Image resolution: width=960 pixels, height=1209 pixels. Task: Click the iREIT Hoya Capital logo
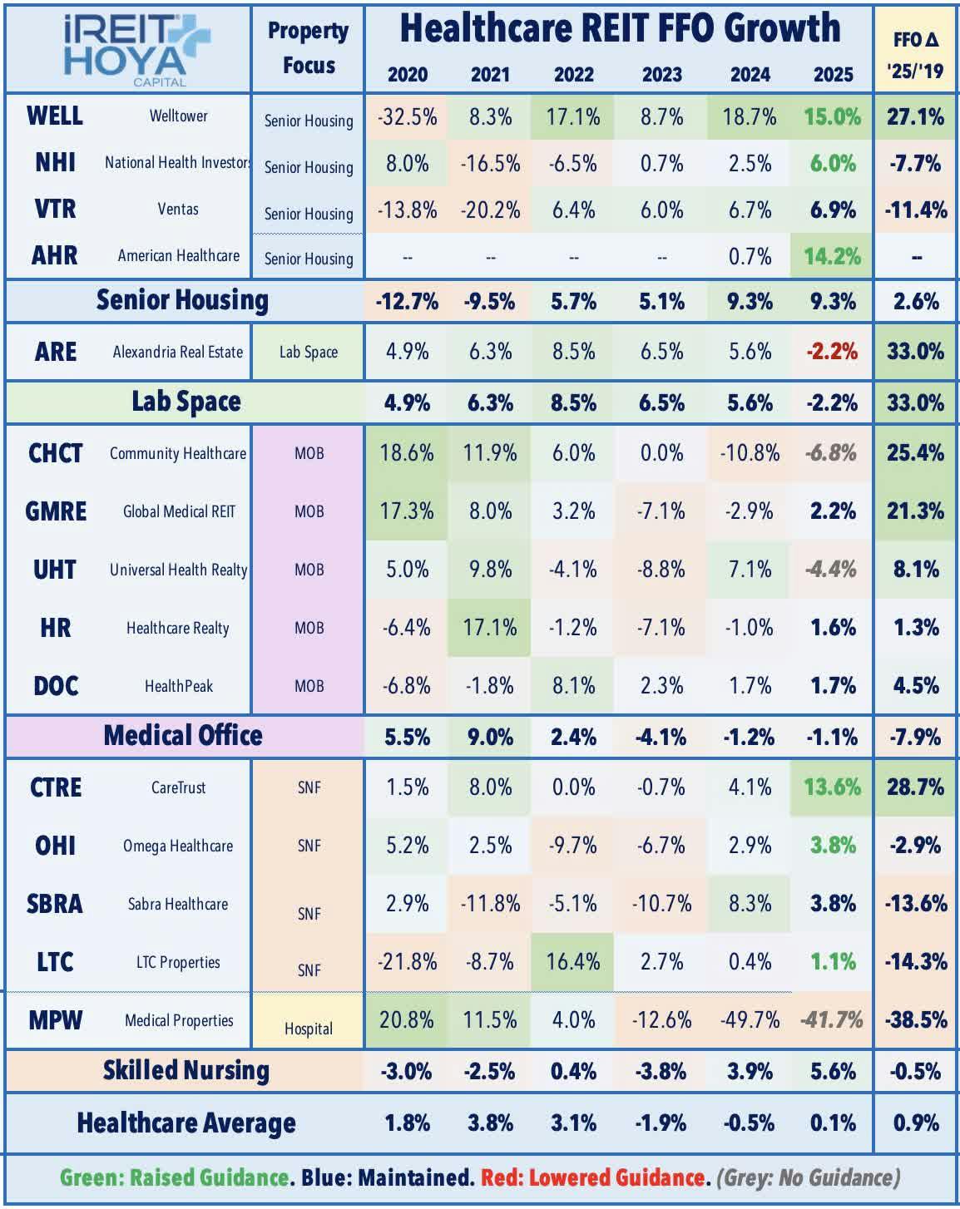[127, 48]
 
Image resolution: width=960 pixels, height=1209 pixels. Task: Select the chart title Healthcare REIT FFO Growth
[620, 28]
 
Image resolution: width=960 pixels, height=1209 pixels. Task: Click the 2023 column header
[661, 74]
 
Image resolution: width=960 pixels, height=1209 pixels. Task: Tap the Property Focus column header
[308, 48]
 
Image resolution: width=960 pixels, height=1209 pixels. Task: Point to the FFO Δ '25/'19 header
[916, 55]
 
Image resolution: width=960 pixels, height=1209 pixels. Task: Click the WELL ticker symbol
[55, 116]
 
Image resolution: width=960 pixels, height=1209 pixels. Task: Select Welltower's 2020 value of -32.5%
[407, 116]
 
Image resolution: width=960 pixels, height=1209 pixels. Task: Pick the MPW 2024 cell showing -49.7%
[750, 1019]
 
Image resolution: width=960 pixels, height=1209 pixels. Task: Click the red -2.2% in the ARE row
[833, 352]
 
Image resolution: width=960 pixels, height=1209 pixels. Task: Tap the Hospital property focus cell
[308, 1029]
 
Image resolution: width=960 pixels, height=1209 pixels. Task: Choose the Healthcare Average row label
[186, 1123]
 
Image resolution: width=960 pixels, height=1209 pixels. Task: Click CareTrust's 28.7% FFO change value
[916, 787]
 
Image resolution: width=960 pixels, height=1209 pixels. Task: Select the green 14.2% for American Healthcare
[833, 256]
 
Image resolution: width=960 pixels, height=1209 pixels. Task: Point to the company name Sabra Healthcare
[178, 904]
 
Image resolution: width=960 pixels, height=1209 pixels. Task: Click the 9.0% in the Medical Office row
[490, 737]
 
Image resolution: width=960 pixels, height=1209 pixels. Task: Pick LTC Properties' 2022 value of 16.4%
[573, 962]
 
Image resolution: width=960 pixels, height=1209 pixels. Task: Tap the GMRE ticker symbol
[56, 511]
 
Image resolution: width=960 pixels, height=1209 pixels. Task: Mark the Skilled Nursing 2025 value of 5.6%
[833, 1071]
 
